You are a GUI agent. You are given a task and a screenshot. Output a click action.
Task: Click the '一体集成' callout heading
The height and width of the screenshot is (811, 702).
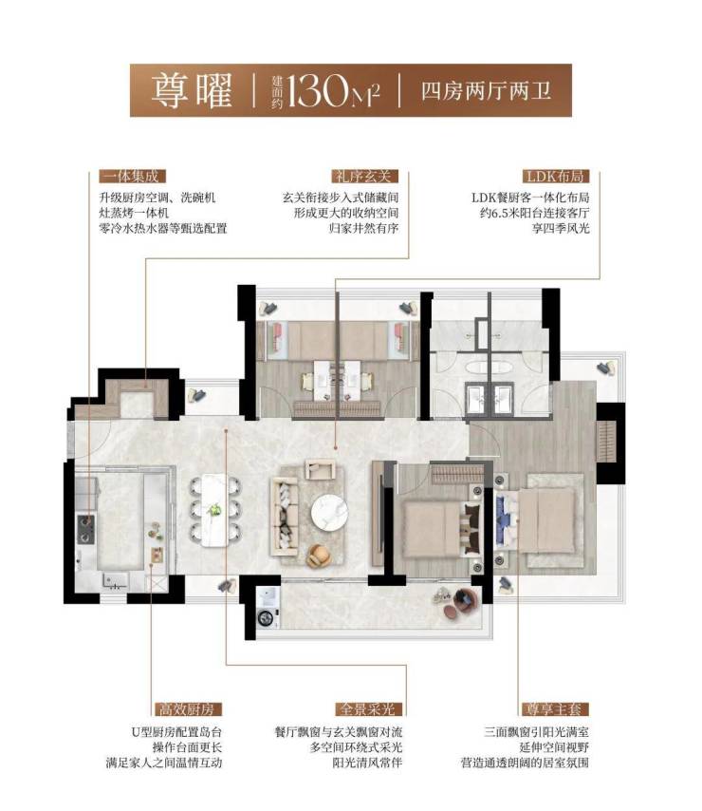tap(132, 177)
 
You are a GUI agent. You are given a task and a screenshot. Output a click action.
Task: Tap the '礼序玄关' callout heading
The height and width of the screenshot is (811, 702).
tap(361, 177)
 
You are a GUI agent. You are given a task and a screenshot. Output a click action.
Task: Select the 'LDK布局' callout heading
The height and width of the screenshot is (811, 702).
tap(555, 177)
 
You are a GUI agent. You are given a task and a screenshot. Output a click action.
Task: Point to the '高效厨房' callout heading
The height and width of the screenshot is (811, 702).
tap(186, 709)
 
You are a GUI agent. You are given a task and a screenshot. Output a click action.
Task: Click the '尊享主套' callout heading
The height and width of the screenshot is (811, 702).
tap(554, 709)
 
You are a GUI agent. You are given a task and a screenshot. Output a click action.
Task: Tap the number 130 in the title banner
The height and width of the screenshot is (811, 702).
tap(318, 90)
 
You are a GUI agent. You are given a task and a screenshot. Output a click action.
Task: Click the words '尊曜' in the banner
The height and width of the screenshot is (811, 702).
tap(192, 90)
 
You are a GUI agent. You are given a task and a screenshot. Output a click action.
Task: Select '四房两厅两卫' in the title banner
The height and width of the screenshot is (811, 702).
tap(486, 91)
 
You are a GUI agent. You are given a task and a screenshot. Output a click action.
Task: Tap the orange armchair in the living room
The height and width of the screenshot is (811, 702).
tap(319, 556)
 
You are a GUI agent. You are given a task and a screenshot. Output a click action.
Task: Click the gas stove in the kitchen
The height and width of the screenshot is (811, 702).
tap(85, 529)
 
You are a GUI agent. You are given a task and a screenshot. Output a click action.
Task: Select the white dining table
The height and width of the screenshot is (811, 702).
tap(215, 510)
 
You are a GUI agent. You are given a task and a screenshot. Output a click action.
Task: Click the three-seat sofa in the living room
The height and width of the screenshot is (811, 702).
tap(284, 517)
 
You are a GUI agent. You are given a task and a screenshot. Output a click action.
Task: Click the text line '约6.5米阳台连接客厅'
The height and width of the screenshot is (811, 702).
tap(535, 213)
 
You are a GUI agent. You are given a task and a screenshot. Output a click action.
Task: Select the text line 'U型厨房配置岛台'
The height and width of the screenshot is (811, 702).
tap(176, 732)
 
